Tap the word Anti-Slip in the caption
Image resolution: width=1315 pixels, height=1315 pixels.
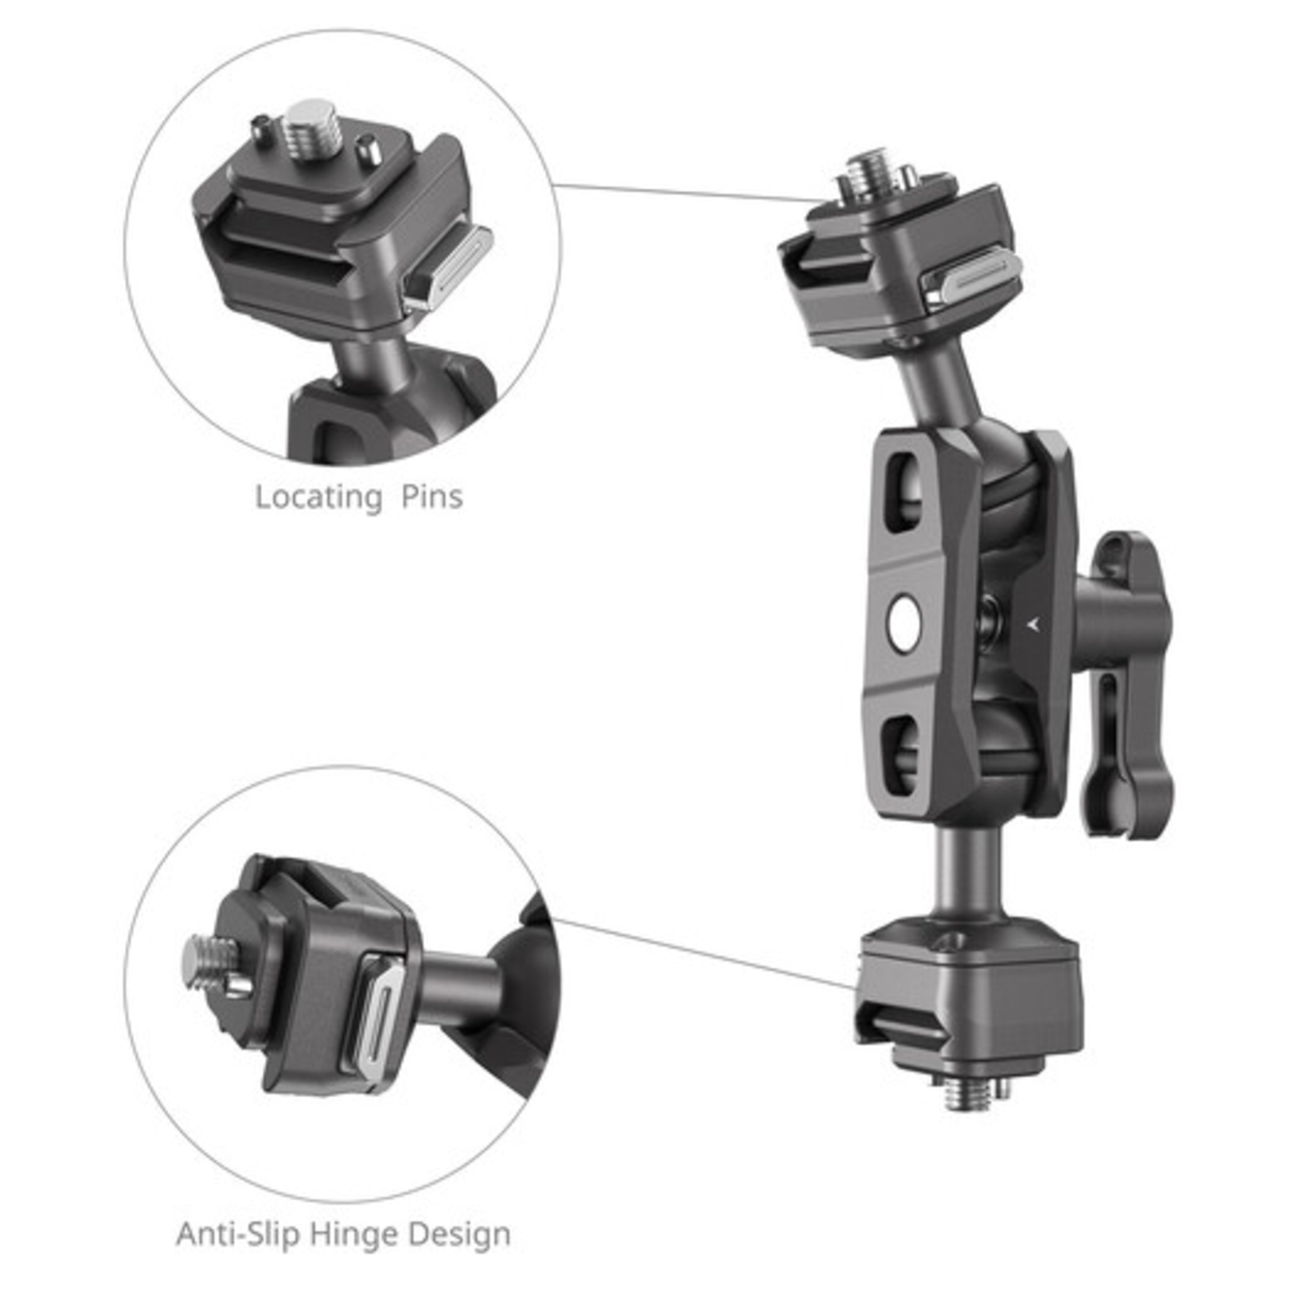pyautogui.click(x=237, y=1234)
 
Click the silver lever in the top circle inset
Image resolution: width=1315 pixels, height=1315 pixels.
pyautogui.click(x=447, y=267)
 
